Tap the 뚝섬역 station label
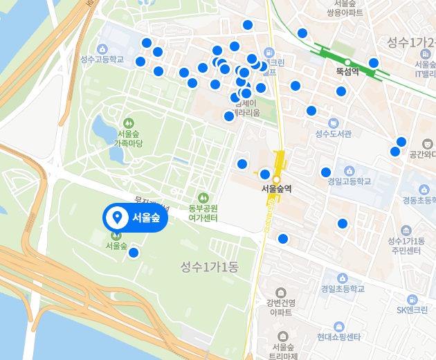tap(347, 71)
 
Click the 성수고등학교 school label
tap(102, 59)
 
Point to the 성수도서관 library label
tap(334, 134)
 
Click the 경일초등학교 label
tap(342, 289)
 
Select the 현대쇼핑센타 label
tap(339, 337)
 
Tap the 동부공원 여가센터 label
tap(203, 213)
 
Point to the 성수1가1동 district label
tap(209, 267)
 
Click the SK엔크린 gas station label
tap(412, 309)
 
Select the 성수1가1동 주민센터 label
tap(406, 245)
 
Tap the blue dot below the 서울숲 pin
tap(134, 253)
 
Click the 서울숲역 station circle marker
tap(276, 179)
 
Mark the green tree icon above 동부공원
tap(203, 197)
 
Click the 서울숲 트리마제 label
tap(284, 351)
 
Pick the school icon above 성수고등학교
tap(102, 48)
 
